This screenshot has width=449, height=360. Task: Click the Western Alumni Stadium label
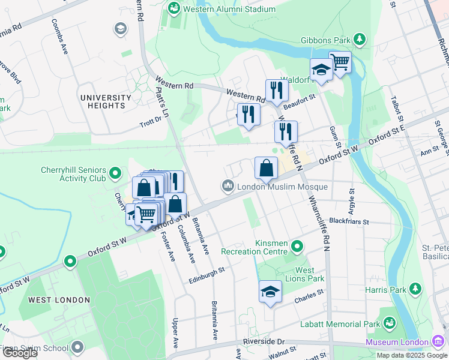pos(229,9)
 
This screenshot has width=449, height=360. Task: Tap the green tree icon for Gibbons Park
pos(360,40)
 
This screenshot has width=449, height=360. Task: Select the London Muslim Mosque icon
pos(228,187)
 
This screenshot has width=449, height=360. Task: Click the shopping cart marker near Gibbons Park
pos(340,62)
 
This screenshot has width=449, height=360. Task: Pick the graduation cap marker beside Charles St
pos(270,292)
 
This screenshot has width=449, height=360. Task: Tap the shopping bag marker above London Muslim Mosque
pos(266,169)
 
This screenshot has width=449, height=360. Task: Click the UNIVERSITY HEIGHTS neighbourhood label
pos(106,101)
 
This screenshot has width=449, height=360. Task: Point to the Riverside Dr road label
pos(263,341)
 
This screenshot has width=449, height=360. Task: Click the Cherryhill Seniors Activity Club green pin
pos(115,175)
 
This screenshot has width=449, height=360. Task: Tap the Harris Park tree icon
pos(414,290)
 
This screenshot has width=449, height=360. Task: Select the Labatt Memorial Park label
pos(340,324)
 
